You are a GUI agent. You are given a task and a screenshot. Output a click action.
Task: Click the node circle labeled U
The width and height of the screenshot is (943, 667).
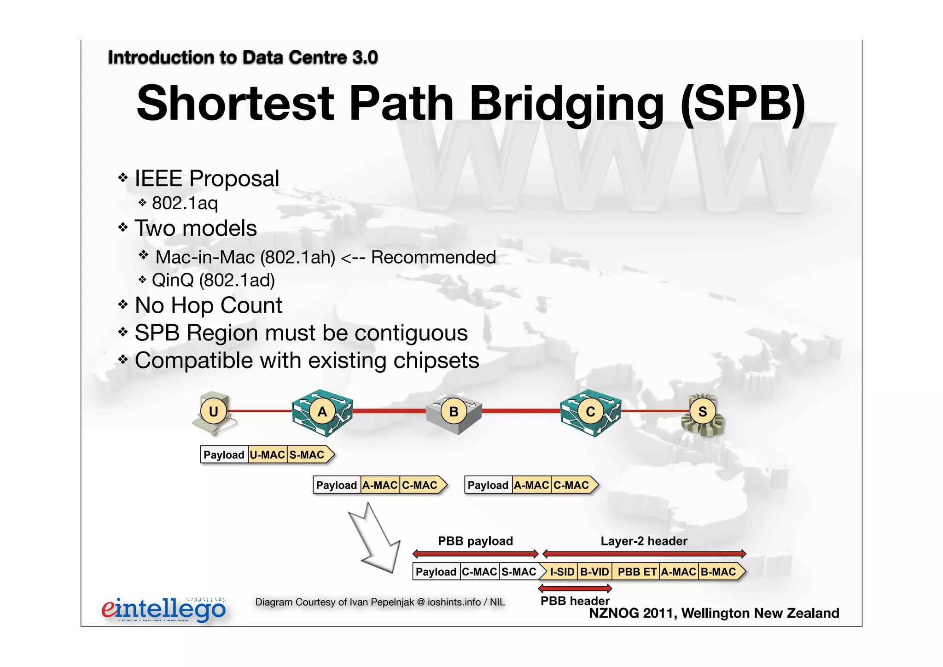(213, 411)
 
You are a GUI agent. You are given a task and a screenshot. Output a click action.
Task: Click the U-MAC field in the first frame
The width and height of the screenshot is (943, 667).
(268, 455)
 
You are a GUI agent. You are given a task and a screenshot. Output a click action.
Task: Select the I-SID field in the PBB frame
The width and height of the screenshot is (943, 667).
(562, 572)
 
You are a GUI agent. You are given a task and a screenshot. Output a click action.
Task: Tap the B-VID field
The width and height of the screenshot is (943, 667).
(594, 572)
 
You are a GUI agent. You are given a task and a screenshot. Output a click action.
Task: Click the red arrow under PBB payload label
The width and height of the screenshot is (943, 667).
(476, 553)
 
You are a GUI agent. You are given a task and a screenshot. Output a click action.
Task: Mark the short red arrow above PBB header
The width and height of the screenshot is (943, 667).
(575, 588)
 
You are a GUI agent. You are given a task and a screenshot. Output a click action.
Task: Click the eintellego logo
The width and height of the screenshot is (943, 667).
(163, 609)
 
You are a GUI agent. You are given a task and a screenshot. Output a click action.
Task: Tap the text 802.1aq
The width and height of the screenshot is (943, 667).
(185, 203)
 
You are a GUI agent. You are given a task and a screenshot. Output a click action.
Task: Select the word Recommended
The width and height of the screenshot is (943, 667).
(433, 257)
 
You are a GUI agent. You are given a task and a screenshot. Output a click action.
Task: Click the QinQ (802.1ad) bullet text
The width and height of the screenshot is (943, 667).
(213, 280)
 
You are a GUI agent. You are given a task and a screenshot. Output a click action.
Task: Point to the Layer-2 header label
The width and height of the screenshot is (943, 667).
(644, 541)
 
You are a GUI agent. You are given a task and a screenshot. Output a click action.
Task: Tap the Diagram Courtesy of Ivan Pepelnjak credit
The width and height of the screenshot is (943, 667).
(380, 602)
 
